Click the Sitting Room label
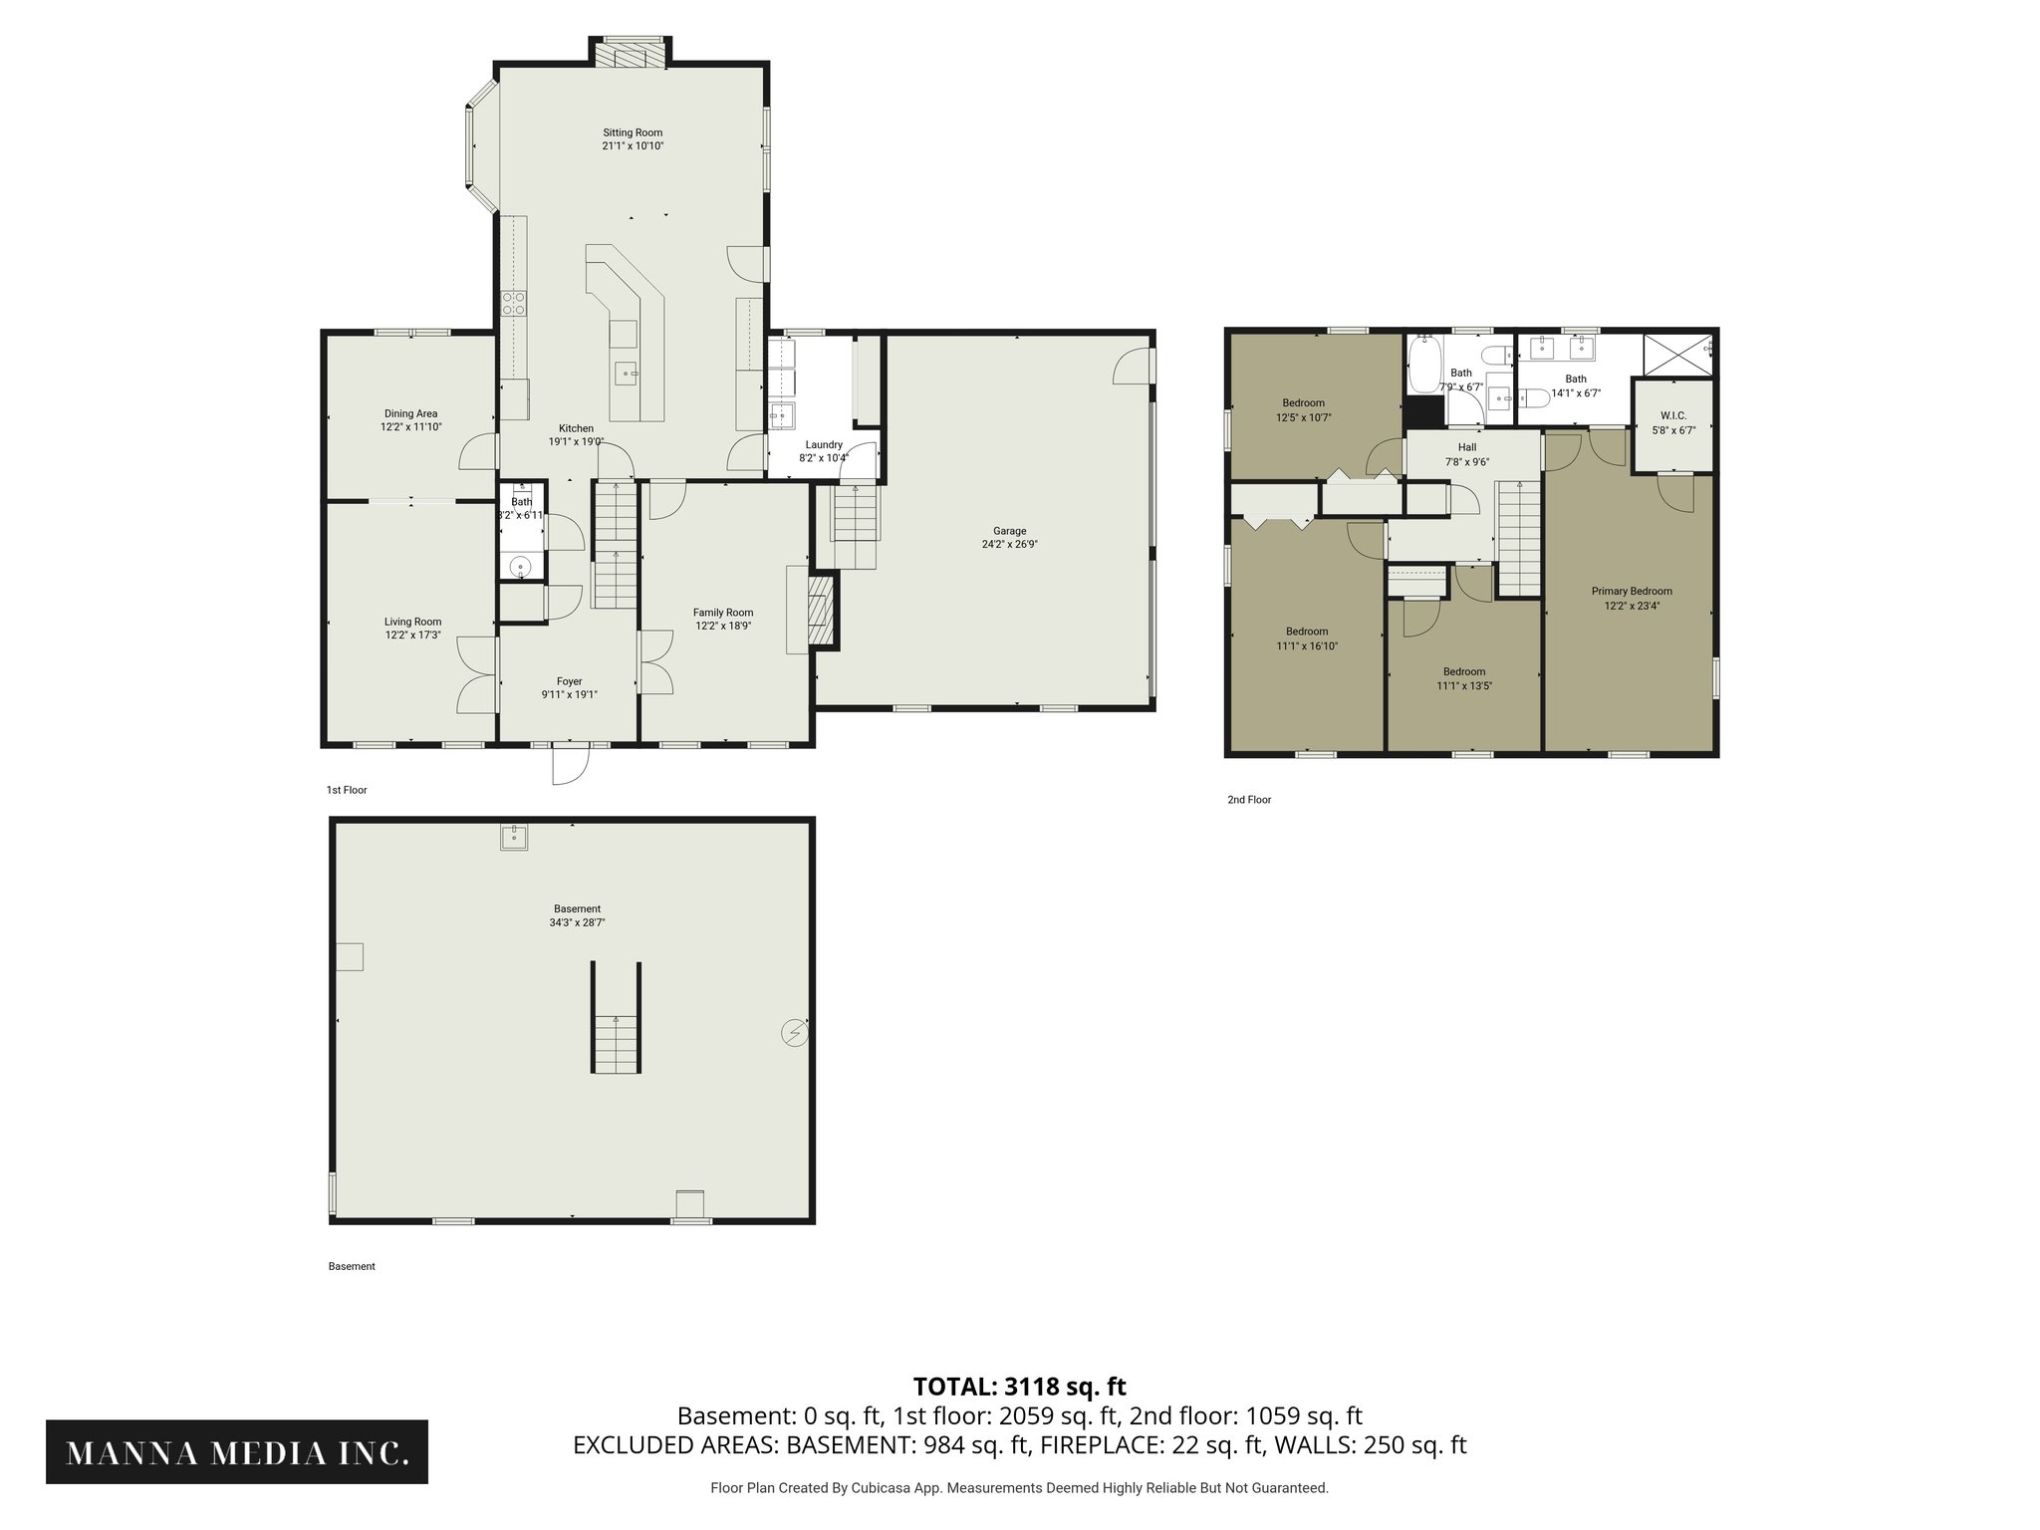[633, 132]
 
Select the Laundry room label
[824, 445]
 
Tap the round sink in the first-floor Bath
[521, 568]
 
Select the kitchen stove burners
[514, 303]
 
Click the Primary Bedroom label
[1632, 592]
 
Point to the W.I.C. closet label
[1673, 416]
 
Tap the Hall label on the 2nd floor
[1467, 448]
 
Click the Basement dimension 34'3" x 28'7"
[577, 923]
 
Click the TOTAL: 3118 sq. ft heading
[1019, 1387]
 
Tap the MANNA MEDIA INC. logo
[237, 1453]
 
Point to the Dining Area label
[410, 413]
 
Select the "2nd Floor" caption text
[1249, 800]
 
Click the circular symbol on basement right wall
[794, 1034]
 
